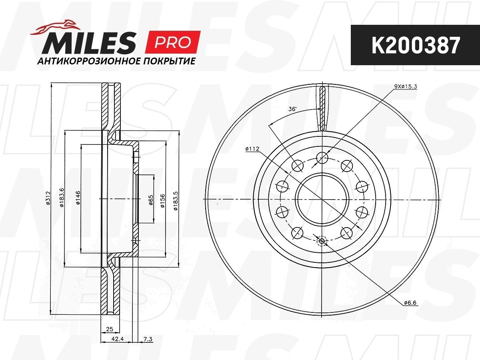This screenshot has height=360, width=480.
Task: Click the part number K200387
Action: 416,45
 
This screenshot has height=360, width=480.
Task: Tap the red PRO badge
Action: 172,42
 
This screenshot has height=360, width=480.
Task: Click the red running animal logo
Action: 55,28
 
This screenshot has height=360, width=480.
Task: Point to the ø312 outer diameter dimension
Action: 48,198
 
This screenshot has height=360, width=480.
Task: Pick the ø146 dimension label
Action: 78,198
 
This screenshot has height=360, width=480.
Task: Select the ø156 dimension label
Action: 162,201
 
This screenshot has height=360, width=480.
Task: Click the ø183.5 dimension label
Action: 176,201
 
